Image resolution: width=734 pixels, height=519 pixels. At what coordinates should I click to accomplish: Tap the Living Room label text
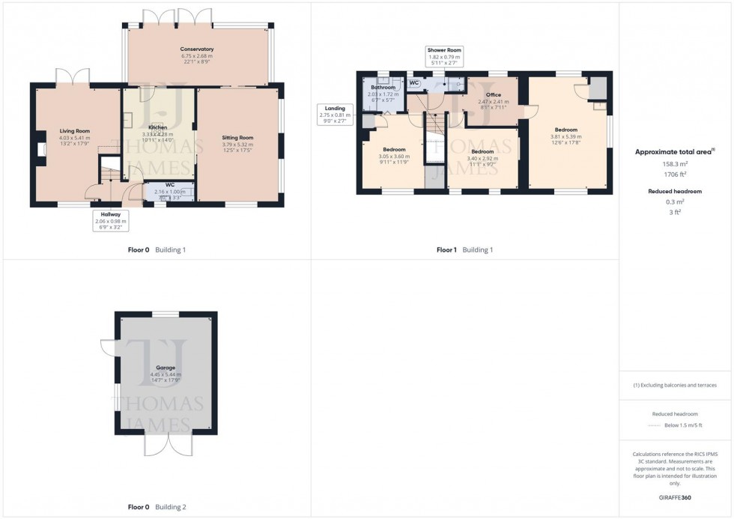tap(75, 131)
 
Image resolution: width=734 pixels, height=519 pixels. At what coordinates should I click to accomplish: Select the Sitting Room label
tap(238, 138)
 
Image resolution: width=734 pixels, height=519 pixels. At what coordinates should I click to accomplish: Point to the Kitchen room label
tap(157, 128)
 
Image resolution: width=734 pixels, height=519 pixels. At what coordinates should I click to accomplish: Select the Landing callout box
tap(333, 113)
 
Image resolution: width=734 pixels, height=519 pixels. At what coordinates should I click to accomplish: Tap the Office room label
tap(493, 95)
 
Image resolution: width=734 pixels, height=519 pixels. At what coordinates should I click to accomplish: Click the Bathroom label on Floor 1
tap(383, 88)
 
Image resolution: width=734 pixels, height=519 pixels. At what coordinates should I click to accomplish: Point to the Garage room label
tap(166, 368)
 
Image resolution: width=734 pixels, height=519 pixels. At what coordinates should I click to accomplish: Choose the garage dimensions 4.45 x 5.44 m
tap(166, 374)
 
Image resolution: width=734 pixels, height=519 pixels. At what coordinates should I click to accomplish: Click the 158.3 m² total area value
tap(675, 163)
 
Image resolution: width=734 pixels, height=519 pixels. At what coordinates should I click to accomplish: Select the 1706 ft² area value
tap(675, 174)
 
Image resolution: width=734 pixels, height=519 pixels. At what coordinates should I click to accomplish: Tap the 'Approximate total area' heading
tap(675, 151)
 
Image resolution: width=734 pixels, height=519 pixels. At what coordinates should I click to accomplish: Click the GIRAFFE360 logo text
tap(676, 497)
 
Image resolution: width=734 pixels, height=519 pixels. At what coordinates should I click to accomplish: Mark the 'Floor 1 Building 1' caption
tap(464, 249)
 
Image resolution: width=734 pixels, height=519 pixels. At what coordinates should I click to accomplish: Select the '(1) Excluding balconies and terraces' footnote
tap(675, 385)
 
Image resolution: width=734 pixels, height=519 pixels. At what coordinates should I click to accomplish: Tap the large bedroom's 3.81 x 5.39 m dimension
tap(566, 136)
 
